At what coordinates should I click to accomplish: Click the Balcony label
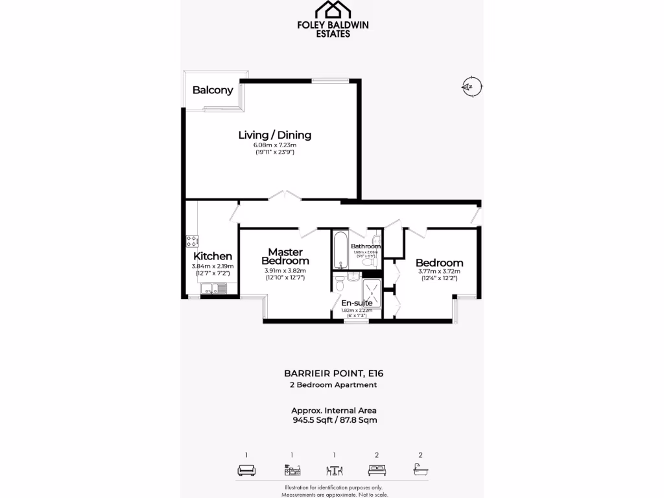point(213,90)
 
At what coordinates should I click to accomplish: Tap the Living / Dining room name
point(275,135)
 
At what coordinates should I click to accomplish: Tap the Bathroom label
point(366,246)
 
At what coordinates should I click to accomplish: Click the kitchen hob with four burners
point(193,241)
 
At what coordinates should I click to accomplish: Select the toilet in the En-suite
point(340,282)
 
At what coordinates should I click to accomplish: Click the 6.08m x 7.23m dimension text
point(275,145)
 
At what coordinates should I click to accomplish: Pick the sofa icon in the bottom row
point(246,471)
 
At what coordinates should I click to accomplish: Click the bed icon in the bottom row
point(377,471)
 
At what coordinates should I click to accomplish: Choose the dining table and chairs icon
point(334,471)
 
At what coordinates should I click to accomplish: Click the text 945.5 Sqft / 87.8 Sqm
point(334,420)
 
